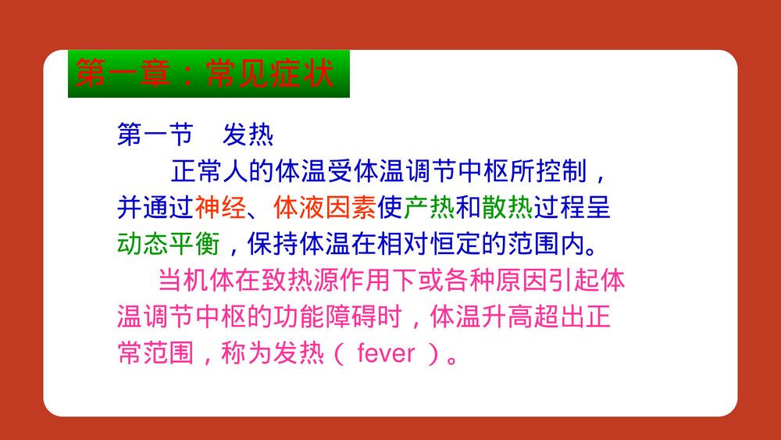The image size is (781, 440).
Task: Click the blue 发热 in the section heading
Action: [248, 134]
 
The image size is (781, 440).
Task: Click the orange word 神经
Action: [221, 208]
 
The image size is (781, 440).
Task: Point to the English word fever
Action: [386, 354]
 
